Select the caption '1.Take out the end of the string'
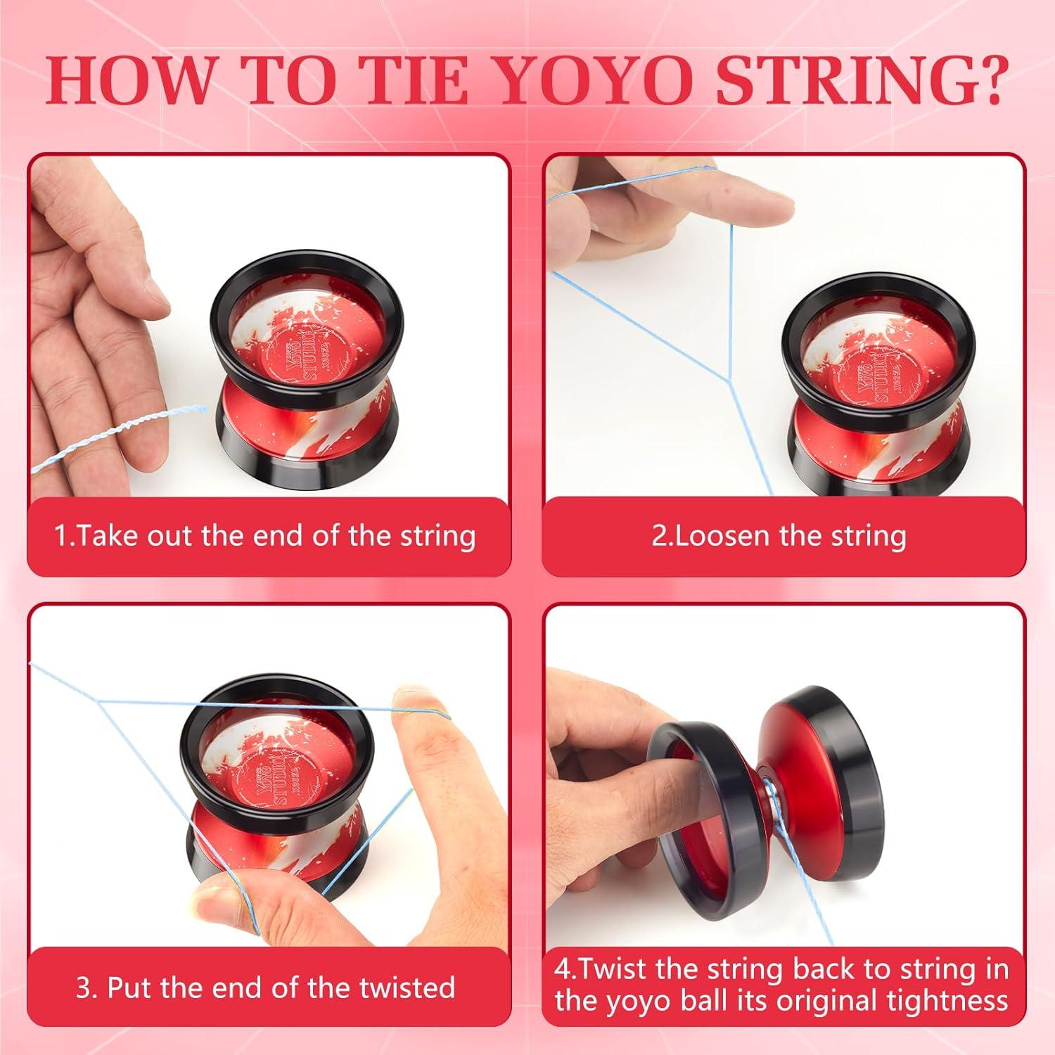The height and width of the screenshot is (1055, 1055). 265,536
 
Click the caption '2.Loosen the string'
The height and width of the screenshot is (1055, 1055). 779,536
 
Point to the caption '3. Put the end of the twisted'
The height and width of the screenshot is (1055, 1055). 265,987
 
